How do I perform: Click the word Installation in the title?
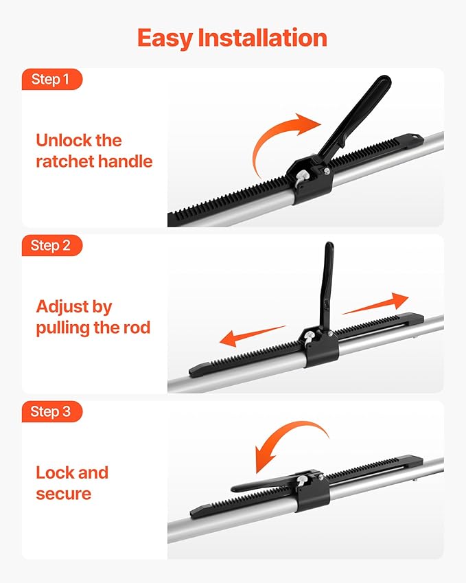262,38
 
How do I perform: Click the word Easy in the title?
165,38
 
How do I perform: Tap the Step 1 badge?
50,80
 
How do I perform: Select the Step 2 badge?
50,246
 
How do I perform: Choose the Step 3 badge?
50,412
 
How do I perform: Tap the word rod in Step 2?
136,328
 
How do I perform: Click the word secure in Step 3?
63,494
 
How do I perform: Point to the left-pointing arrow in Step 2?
251,336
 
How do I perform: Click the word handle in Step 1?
124,162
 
